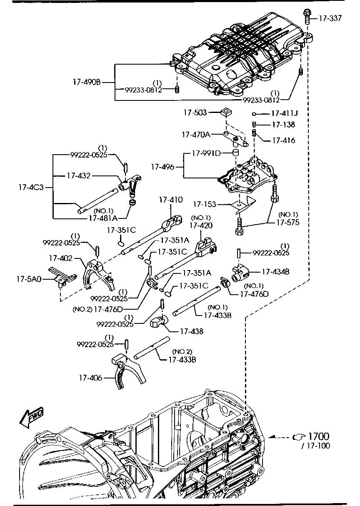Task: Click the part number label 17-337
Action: point(331,18)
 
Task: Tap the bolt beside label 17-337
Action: point(307,16)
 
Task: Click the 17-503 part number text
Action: point(195,113)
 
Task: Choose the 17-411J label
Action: point(285,113)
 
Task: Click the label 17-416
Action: point(283,140)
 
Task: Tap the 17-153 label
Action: point(205,204)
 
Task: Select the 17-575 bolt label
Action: point(287,223)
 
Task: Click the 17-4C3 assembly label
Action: point(30,188)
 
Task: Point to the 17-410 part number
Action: point(170,200)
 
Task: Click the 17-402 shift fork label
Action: point(60,259)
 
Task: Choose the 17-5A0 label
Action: point(29,278)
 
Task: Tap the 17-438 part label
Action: point(192,332)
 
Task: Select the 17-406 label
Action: point(90,378)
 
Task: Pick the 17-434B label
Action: point(275,272)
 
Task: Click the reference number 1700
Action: point(318,436)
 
